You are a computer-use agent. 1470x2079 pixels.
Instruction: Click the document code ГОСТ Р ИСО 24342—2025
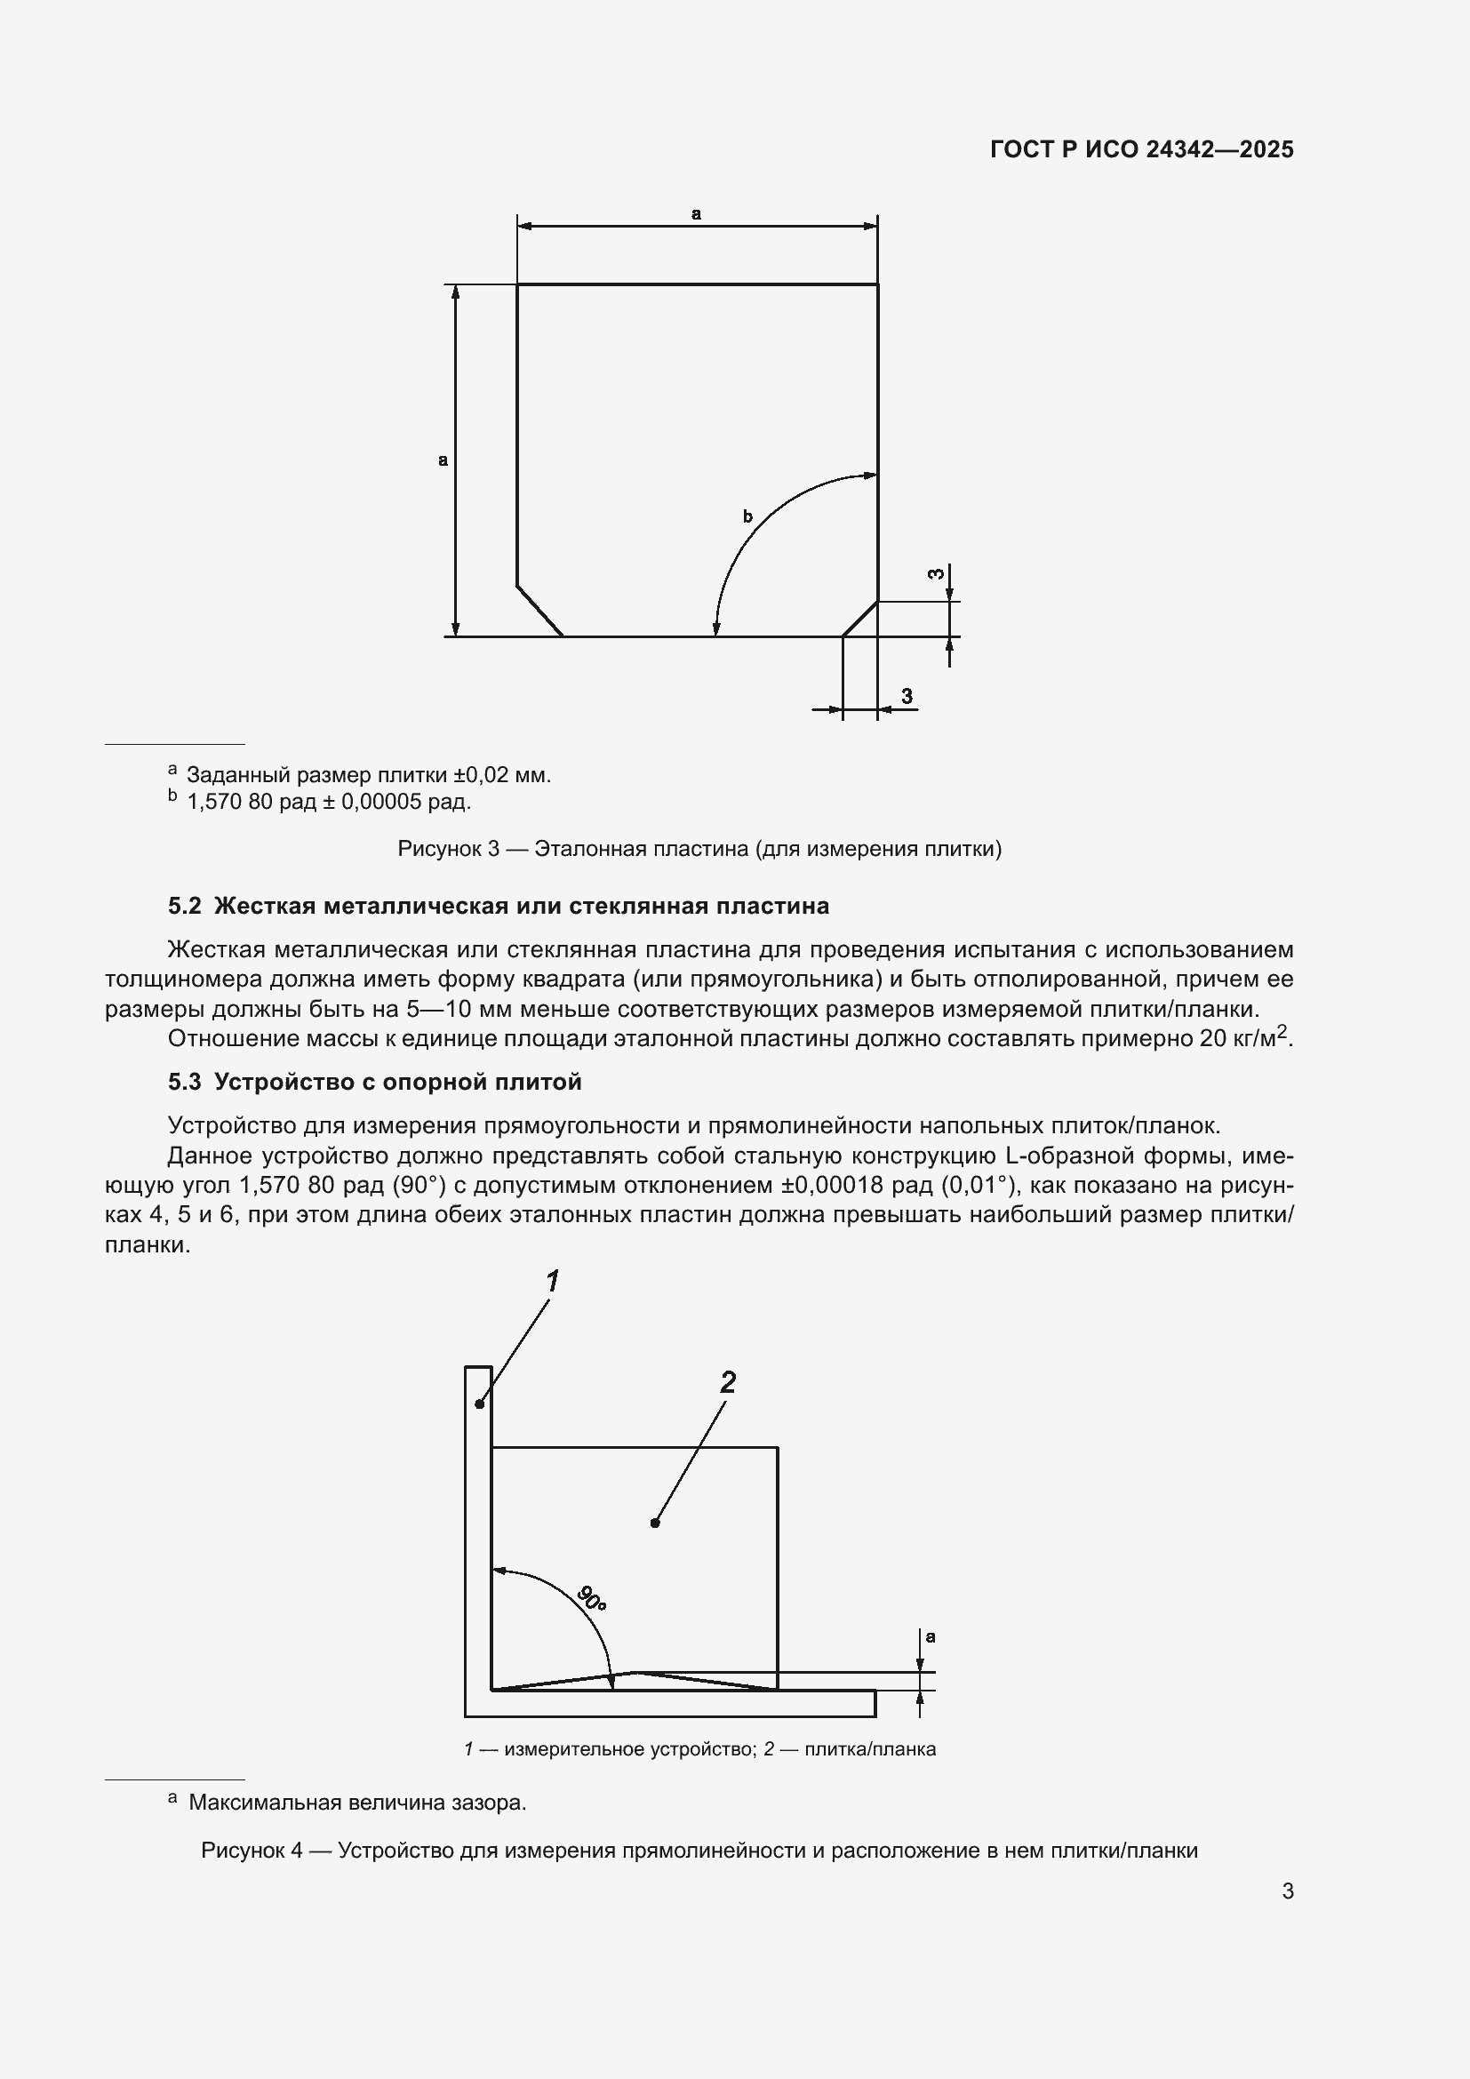[x=1141, y=149]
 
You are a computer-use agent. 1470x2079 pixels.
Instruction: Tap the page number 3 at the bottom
[x=1287, y=1891]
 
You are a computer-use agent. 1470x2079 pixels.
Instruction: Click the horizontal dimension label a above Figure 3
[x=696, y=214]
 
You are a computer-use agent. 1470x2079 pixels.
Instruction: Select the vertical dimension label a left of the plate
[x=443, y=460]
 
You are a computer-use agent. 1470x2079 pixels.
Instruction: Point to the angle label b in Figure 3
[x=747, y=517]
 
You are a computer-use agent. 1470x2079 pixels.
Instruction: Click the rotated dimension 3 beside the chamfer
[x=938, y=574]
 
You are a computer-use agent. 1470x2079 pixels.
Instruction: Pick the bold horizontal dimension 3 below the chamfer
[x=907, y=695]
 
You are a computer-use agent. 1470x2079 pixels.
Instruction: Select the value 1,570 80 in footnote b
[x=230, y=803]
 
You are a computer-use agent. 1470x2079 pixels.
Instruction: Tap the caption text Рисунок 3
[x=448, y=850]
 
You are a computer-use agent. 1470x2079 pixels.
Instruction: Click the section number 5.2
[x=184, y=907]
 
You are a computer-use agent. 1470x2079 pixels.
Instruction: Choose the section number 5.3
[x=184, y=1082]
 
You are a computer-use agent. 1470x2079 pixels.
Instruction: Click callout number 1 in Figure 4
[x=552, y=1282]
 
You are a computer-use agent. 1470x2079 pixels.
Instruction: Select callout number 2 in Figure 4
[x=728, y=1382]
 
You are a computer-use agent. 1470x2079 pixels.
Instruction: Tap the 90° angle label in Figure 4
[x=591, y=1598]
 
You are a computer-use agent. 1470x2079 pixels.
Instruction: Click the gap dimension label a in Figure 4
[x=931, y=1637]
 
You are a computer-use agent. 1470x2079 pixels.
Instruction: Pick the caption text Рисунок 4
[x=252, y=1851]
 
